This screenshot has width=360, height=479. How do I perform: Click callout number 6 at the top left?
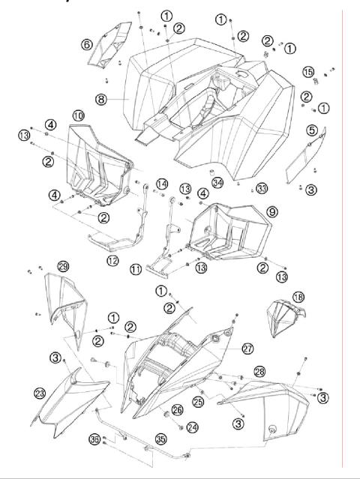click(x=88, y=45)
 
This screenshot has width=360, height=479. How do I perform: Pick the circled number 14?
click(x=161, y=184)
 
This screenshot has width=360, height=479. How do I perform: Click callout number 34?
click(x=217, y=182)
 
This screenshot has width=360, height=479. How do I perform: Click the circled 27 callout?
click(x=248, y=349)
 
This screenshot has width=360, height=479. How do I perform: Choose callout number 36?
click(x=94, y=439)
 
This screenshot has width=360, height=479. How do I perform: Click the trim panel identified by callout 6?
click(x=108, y=45)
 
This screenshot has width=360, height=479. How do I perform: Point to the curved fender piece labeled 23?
click(x=71, y=401)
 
